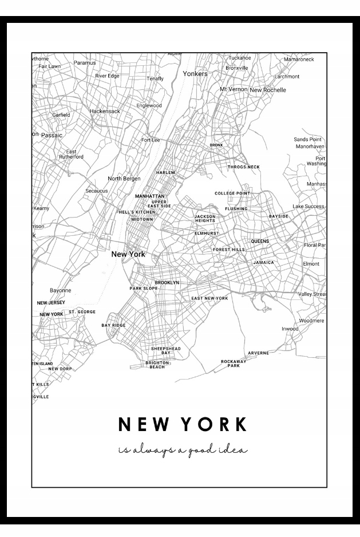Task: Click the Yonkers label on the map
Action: pos(195,74)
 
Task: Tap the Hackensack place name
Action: pos(105,111)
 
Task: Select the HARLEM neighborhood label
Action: pos(165,172)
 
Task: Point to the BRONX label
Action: pos(216,145)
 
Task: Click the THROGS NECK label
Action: pos(243,167)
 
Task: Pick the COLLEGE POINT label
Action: pos(232,194)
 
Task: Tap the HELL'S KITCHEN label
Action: pos(137,212)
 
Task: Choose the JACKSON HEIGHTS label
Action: pos(205,219)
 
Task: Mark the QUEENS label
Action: pos(260,242)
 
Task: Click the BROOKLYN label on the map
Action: pos(167,283)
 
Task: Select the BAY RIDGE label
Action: pos(113,325)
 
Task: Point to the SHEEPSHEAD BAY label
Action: pos(165,350)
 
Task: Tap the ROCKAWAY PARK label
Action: pos(234,363)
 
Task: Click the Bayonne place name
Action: pos(61,290)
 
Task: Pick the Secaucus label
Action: pos(97,191)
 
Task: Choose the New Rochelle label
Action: pos(267,90)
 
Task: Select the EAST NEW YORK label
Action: pos(209,299)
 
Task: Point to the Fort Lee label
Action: pos(151,140)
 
